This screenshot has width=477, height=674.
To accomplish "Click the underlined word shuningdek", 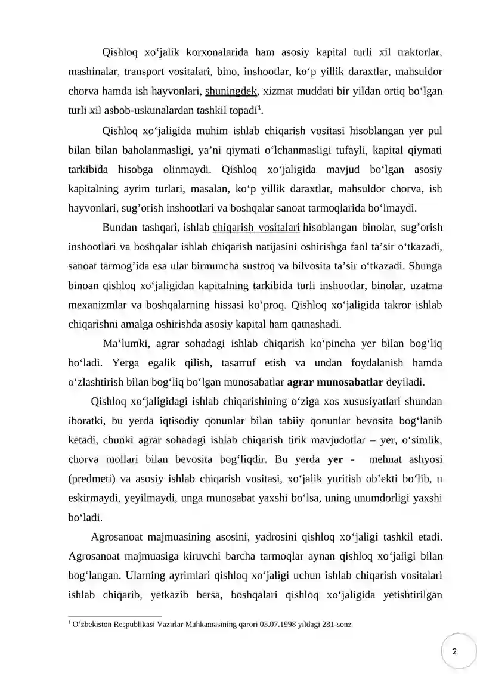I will tap(231, 92).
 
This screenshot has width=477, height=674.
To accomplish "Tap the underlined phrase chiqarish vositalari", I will tap(256, 227).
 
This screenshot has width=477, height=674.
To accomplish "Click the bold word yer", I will tap(336, 460).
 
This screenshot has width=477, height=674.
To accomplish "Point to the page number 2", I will tap(455, 651).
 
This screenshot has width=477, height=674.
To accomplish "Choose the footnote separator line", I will tap(114, 616).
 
